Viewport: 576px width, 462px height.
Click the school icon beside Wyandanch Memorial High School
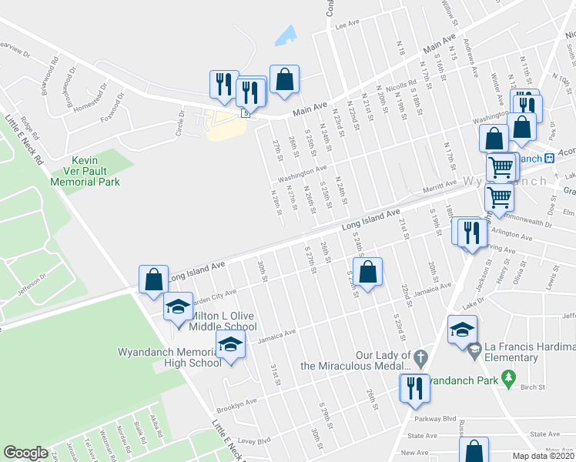coord(229,346)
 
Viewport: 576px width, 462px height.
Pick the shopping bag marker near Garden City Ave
coord(153,280)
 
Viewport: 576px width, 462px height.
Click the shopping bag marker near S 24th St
coord(368,272)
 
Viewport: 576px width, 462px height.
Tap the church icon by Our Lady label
coord(420,357)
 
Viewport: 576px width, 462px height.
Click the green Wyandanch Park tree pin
coord(507,378)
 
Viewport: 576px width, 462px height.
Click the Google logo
coord(25,453)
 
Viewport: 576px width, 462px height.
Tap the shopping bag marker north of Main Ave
coord(284,79)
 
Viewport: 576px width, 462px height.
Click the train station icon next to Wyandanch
coord(550,158)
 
